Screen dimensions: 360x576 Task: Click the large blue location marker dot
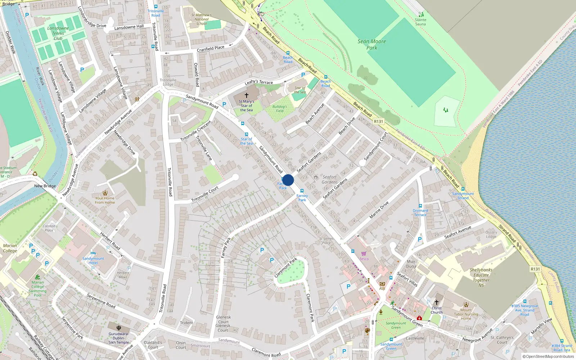coord(288,180)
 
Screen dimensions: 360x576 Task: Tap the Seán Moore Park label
coord(372,44)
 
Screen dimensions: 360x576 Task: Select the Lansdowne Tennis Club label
coord(58,33)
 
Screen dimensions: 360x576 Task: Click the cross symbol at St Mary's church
coord(247,95)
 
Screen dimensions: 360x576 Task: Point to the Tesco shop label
coord(364,259)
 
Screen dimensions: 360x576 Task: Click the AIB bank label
coord(382,288)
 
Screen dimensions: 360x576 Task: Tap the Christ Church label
coord(437,310)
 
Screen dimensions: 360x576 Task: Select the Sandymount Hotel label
coord(93,261)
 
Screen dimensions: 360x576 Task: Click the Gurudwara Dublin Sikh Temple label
coord(119,338)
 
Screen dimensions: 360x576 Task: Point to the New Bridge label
coord(45,186)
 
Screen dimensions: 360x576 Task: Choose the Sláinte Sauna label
coord(420,22)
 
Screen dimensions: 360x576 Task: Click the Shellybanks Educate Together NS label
coord(481,278)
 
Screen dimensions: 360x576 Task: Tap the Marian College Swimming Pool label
coord(37,289)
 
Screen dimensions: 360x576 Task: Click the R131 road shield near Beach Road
coord(378,121)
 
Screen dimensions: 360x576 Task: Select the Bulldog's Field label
coord(280,109)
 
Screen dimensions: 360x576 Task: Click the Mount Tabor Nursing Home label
coord(466,314)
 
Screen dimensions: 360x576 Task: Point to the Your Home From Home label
coord(105,200)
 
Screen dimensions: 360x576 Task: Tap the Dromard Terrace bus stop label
coord(420,213)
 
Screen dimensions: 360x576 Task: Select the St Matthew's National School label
coord(202,19)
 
